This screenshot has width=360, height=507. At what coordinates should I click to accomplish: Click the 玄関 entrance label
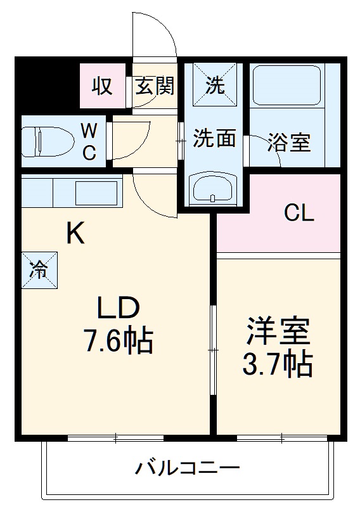coord(154,87)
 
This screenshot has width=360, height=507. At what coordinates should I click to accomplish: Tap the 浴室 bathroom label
coord(288,143)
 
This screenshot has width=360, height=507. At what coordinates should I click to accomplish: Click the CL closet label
coord(299,214)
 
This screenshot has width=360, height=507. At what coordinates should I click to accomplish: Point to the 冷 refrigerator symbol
coord(40,269)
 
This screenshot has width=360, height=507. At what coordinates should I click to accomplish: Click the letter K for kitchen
coord(76,234)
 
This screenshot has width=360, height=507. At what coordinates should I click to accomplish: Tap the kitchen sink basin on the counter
coord(96,191)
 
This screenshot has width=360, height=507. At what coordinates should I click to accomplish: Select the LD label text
coord(117,309)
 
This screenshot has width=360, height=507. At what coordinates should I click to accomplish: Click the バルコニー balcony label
coord(187,470)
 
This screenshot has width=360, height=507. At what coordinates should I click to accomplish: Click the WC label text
coord(89,141)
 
